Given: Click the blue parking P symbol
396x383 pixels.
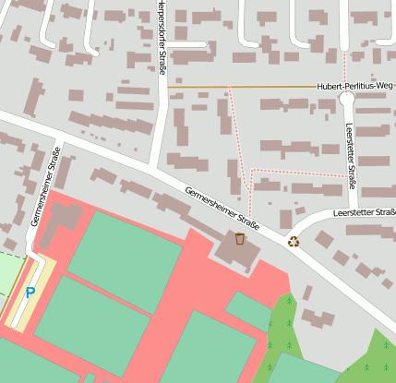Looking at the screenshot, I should [30, 293].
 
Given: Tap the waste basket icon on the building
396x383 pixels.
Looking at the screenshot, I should [240, 239].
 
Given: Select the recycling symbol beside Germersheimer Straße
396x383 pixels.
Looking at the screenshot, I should [294, 242].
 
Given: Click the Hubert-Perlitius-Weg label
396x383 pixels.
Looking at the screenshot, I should [354, 86].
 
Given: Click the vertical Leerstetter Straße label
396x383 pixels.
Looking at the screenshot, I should [351, 152].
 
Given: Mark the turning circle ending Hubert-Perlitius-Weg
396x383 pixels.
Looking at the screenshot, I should [347, 97].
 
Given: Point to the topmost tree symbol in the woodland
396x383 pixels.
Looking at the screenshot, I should [290, 300].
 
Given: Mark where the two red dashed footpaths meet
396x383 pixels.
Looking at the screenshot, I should [251, 171].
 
